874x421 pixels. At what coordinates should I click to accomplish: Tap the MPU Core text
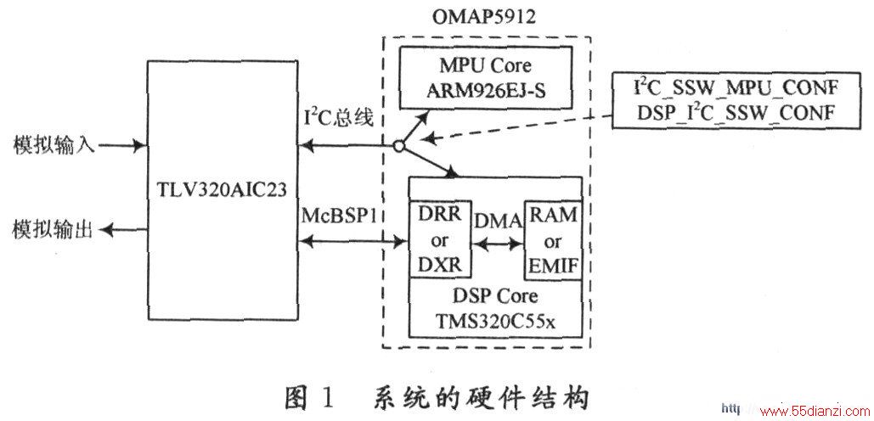tap(486, 65)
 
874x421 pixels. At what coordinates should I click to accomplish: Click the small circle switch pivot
tap(397, 147)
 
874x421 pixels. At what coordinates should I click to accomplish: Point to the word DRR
tap(440, 215)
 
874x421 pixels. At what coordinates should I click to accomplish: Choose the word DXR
tap(440, 265)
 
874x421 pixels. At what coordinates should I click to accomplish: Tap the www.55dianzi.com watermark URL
tap(808, 412)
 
